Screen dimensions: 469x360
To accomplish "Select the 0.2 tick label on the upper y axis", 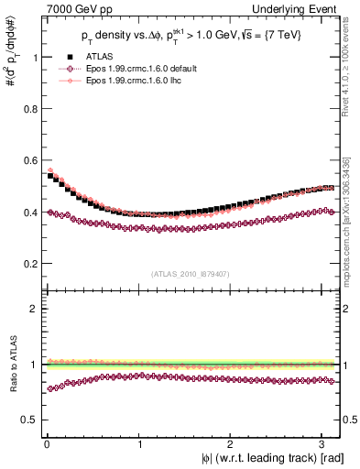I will pyautogui.click(x=27, y=264).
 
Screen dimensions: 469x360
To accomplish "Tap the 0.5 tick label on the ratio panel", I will pyautogui.click(x=27, y=420).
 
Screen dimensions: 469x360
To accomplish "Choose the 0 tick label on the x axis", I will pyautogui.click(x=47, y=443).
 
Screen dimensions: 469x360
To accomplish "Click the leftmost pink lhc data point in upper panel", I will pyautogui.click(x=49, y=169).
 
